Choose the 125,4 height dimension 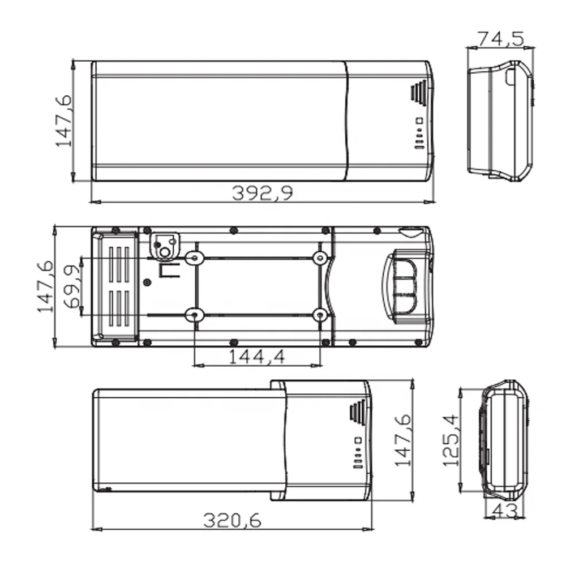point(450,440)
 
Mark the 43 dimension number point(505,511)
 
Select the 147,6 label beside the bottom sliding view point(402,440)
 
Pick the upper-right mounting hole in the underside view point(320,258)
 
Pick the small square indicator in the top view point(419,120)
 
